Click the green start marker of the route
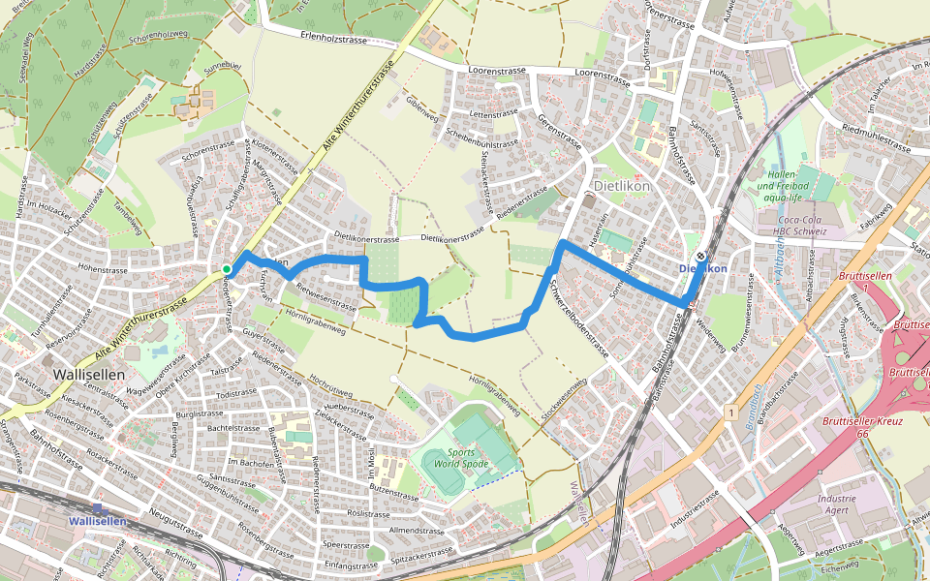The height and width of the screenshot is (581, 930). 226,269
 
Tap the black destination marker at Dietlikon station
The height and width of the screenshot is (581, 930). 700,257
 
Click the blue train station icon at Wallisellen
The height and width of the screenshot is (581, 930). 98,508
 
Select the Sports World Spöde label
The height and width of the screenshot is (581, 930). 460,457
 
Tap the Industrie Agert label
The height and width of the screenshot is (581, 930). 837,504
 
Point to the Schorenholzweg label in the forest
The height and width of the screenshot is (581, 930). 157,35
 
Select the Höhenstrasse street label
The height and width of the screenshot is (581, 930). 106,272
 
